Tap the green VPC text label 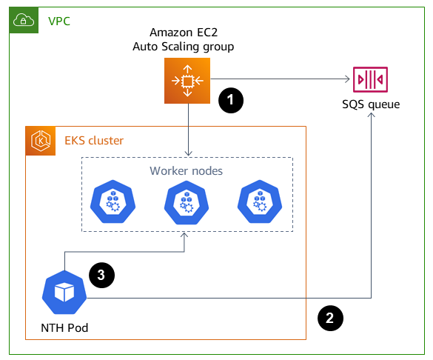pos(60,20)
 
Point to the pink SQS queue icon pos(370,80)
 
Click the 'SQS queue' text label pos(371,104)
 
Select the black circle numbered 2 pos(330,317)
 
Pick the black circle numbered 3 pos(101,274)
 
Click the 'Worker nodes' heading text pos(187,171)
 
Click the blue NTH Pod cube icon pos(65,293)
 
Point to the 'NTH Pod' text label pos(64,327)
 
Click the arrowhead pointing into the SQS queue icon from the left pos(348,80)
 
